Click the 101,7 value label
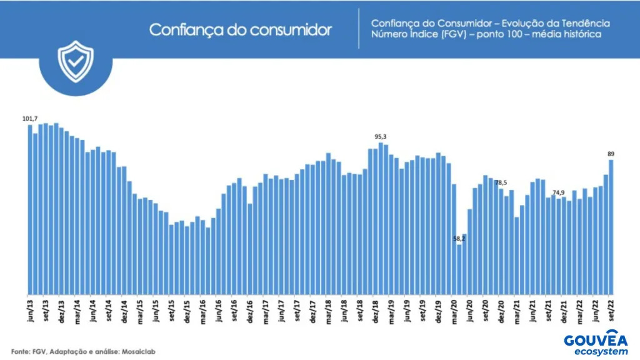click(29, 119)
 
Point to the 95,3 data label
click(381, 136)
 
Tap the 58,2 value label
click(459, 238)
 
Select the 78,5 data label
click(501, 183)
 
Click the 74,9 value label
click(559, 192)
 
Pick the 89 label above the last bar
click(611, 154)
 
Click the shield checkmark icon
click(75, 61)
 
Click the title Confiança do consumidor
click(240, 30)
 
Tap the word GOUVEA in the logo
click(595, 341)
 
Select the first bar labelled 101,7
click(30, 209)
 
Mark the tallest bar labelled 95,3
click(381, 219)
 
